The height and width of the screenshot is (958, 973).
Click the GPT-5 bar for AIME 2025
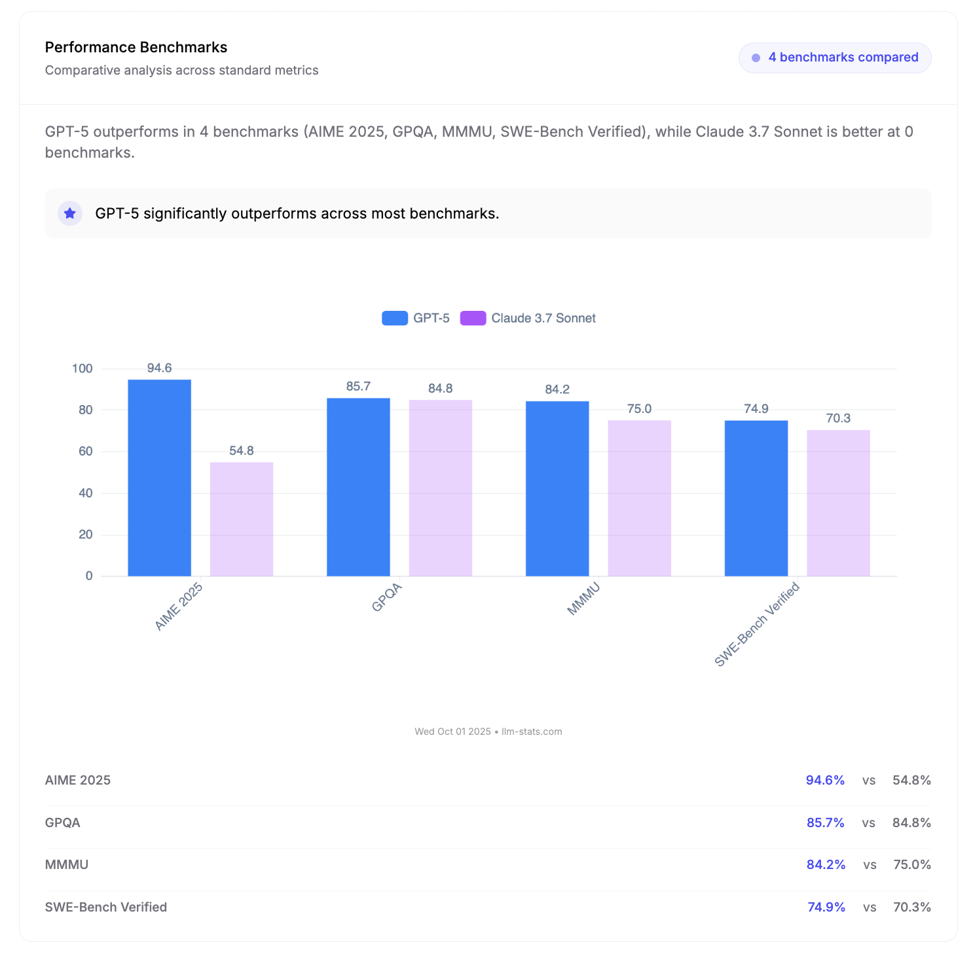click(x=159, y=478)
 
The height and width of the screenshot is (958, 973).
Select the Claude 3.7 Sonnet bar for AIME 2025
click(x=242, y=519)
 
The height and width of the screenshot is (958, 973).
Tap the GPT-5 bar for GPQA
click(x=358, y=487)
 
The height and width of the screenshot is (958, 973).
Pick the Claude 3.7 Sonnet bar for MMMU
click(x=639, y=498)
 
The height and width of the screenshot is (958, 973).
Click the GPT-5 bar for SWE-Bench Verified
click(x=756, y=498)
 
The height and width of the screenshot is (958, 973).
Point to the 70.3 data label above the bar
click(x=838, y=418)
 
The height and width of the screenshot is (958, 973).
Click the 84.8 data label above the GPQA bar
click(x=440, y=388)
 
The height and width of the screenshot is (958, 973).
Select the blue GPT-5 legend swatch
click(x=395, y=318)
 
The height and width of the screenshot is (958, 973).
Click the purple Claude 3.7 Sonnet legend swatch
click(x=473, y=318)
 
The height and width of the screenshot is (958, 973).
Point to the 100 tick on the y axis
click(x=83, y=368)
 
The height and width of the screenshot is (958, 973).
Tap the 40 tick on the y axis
click(x=86, y=493)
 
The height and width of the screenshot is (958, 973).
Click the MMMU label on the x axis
click(x=583, y=599)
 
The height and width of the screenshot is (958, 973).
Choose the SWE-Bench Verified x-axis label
click(x=757, y=624)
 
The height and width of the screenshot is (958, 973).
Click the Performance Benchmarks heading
click(x=136, y=47)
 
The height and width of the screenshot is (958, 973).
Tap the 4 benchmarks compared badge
click(x=835, y=58)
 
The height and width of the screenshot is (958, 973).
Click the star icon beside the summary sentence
click(x=70, y=213)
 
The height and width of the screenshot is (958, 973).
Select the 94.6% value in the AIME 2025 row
click(x=825, y=780)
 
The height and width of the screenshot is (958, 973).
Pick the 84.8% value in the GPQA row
click(x=911, y=823)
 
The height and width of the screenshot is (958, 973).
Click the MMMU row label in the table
click(x=67, y=864)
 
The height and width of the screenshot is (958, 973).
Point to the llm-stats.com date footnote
click(x=488, y=732)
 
